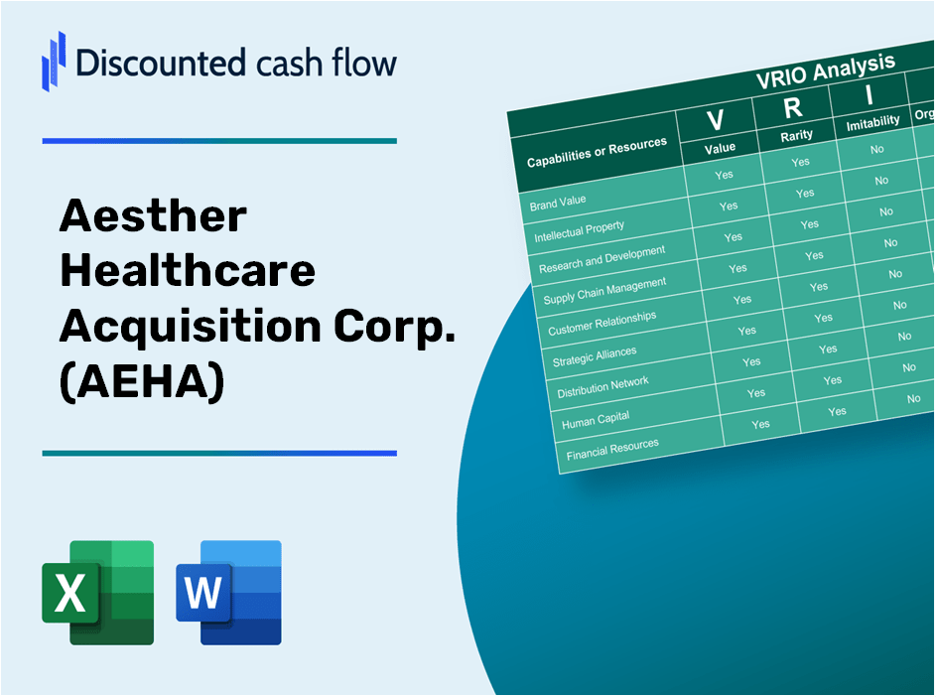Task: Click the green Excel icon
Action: click(x=97, y=592)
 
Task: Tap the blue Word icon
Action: click(x=228, y=592)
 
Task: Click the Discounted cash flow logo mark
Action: click(x=54, y=61)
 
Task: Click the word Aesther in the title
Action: click(x=153, y=216)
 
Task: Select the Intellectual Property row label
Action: click(x=580, y=232)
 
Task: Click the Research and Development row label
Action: click(x=602, y=260)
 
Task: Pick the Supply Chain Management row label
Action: click(x=604, y=291)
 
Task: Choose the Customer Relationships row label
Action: click(x=602, y=322)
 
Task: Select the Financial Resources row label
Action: click(x=612, y=450)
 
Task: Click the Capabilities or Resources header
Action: click(x=597, y=153)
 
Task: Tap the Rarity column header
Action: click(x=796, y=135)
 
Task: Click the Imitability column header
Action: click(x=872, y=122)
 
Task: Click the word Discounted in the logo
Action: click(x=148, y=62)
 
